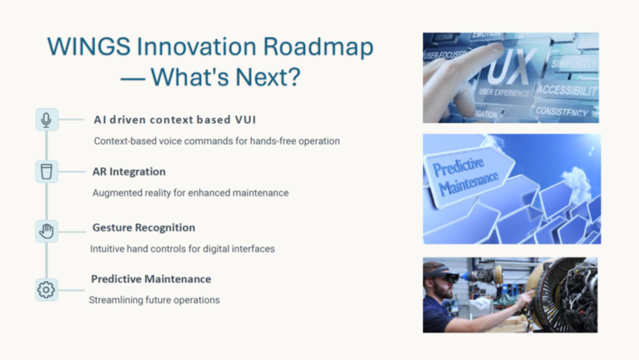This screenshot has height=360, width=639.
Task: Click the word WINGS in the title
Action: pyautogui.click(x=89, y=46)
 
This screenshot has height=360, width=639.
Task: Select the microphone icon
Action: pyautogui.click(x=47, y=120)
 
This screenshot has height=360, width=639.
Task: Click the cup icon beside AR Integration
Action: pyautogui.click(x=47, y=171)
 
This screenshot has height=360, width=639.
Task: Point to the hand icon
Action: pyautogui.click(x=47, y=231)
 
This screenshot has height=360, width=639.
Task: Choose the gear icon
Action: pyautogui.click(x=46, y=290)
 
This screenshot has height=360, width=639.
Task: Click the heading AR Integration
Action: pyautogui.click(x=129, y=171)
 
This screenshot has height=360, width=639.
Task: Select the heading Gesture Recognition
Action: pyautogui.click(x=144, y=228)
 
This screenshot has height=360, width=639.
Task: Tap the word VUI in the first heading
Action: pyautogui.click(x=245, y=120)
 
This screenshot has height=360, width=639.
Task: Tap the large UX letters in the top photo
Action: pyautogui.click(x=510, y=68)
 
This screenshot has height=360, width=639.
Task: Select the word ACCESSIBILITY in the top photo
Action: pyautogui.click(x=567, y=90)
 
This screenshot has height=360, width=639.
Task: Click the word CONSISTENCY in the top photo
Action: pyautogui.click(x=562, y=112)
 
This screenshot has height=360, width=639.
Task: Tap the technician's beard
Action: pyautogui.click(x=446, y=291)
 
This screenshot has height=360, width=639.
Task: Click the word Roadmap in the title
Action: pyautogui.click(x=318, y=46)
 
